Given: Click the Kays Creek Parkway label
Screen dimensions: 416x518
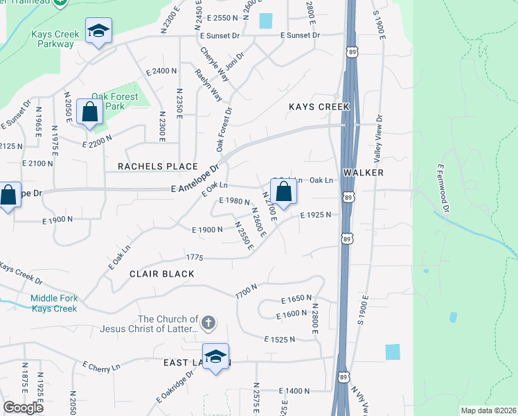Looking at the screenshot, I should point(52,39).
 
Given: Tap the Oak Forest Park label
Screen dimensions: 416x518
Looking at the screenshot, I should point(115,101).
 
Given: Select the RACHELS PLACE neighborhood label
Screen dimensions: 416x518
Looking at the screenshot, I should point(158,166).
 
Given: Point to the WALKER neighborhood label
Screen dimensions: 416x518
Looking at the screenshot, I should point(364,171).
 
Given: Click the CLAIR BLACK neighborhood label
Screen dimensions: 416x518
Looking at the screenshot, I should point(162,274).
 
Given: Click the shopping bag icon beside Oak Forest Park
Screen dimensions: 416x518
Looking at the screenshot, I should point(90,111).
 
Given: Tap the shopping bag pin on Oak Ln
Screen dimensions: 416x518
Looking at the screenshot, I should point(284,191).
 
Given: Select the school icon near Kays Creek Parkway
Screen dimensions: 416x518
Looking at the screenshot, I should point(99,31).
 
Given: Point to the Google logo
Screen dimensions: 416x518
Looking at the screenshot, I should point(24,408).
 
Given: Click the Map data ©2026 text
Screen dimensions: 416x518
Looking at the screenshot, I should point(488,410).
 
